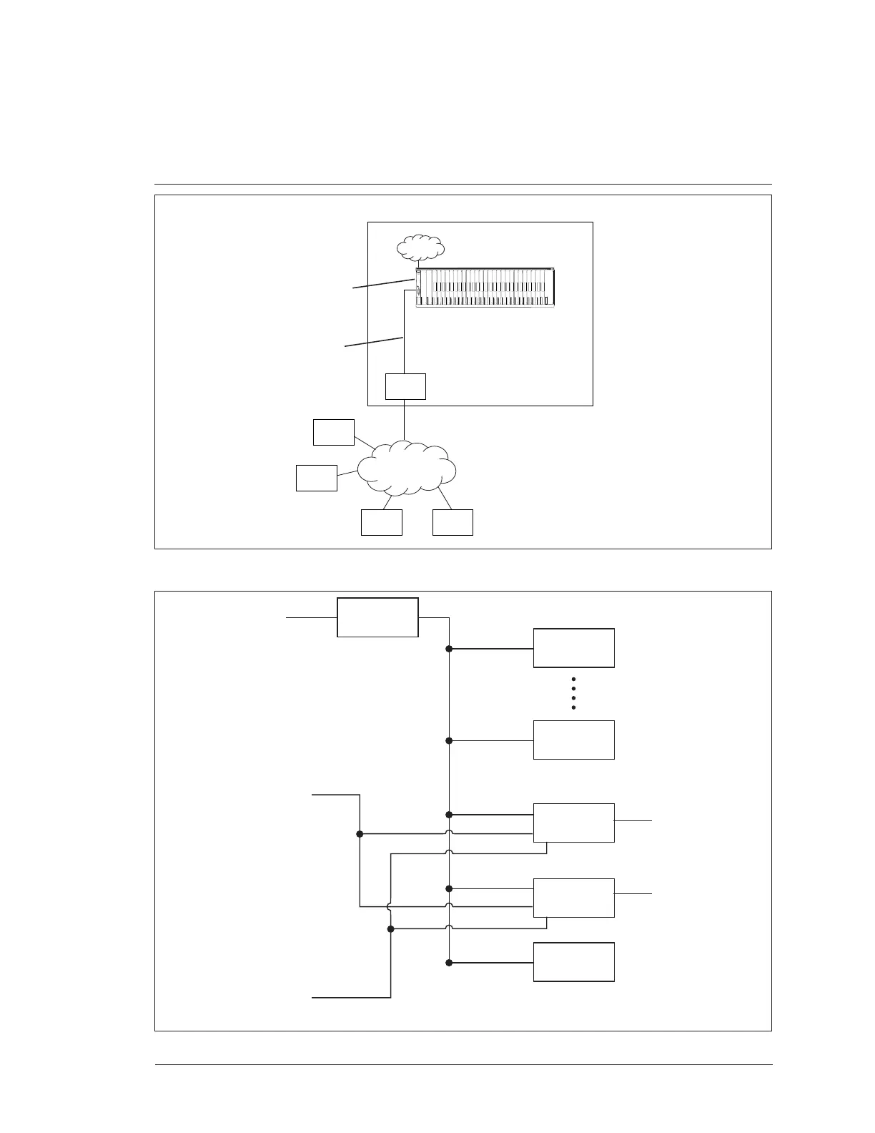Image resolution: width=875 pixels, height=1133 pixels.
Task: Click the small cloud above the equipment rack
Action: point(421,247)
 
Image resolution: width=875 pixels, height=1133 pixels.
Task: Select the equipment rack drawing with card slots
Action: point(485,288)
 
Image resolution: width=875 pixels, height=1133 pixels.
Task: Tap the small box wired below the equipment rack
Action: point(405,386)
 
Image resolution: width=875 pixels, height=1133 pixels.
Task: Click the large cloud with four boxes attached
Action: point(406,469)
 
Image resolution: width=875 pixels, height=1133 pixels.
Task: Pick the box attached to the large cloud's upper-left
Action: point(334,432)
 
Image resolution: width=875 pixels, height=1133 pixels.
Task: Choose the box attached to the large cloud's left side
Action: point(317,478)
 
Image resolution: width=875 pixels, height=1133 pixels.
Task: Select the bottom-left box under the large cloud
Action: point(382,522)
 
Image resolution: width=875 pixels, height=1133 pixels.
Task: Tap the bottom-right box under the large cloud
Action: point(453,522)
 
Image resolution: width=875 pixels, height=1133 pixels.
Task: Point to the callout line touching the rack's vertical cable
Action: point(374,341)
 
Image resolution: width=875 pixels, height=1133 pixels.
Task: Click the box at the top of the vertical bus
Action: point(377,617)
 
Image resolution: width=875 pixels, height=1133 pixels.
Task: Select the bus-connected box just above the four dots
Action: point(574,648)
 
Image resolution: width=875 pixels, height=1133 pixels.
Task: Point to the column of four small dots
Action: point(574,692)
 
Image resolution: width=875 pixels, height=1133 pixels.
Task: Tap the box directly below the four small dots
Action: point(574,740)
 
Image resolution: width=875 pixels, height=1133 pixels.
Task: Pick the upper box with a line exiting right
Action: point(574,823)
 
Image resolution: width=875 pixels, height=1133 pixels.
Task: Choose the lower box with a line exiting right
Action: point(574,898)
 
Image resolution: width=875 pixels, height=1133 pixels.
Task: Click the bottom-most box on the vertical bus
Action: point(574,962)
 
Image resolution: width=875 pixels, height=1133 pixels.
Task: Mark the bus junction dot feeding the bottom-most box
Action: point(449,963)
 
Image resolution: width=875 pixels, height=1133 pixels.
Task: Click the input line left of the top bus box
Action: point(311,617)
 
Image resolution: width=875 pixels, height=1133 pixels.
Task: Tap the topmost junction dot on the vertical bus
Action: point(449,649)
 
